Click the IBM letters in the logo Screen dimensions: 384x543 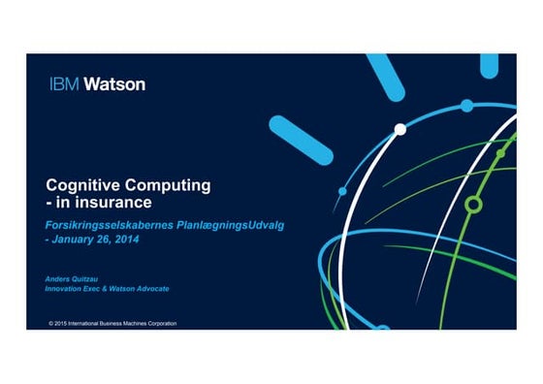(x=64, y=83)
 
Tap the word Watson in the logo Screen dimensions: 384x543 (x=114, y=83)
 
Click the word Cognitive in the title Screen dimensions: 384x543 (x=80, y=185)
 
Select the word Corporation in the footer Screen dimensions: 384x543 (x=158, y=322)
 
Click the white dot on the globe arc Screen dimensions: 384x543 (x=399, y=128)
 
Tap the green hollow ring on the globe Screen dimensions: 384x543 (x=473, y=204)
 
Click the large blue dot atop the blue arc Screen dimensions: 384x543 (x=466, y=105)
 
